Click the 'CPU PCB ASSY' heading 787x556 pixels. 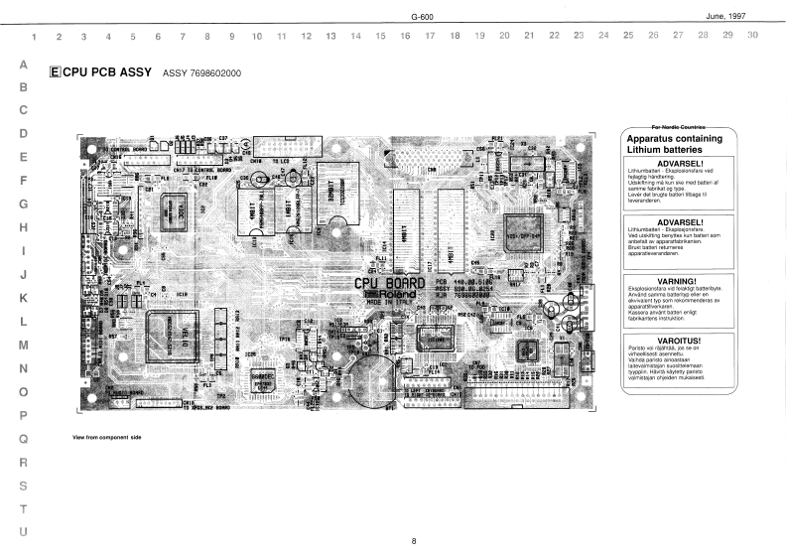click(x=105, y=73)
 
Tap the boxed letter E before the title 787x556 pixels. click(x=54, y=73)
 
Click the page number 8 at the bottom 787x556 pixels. click(x=414, y=540)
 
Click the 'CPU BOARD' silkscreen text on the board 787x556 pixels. click(x=391, y=283)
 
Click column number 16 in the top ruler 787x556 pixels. click(x=405, y=37)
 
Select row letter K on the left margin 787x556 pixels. click(x=23, y=298)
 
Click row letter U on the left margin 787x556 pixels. click(x=23, y=531)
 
